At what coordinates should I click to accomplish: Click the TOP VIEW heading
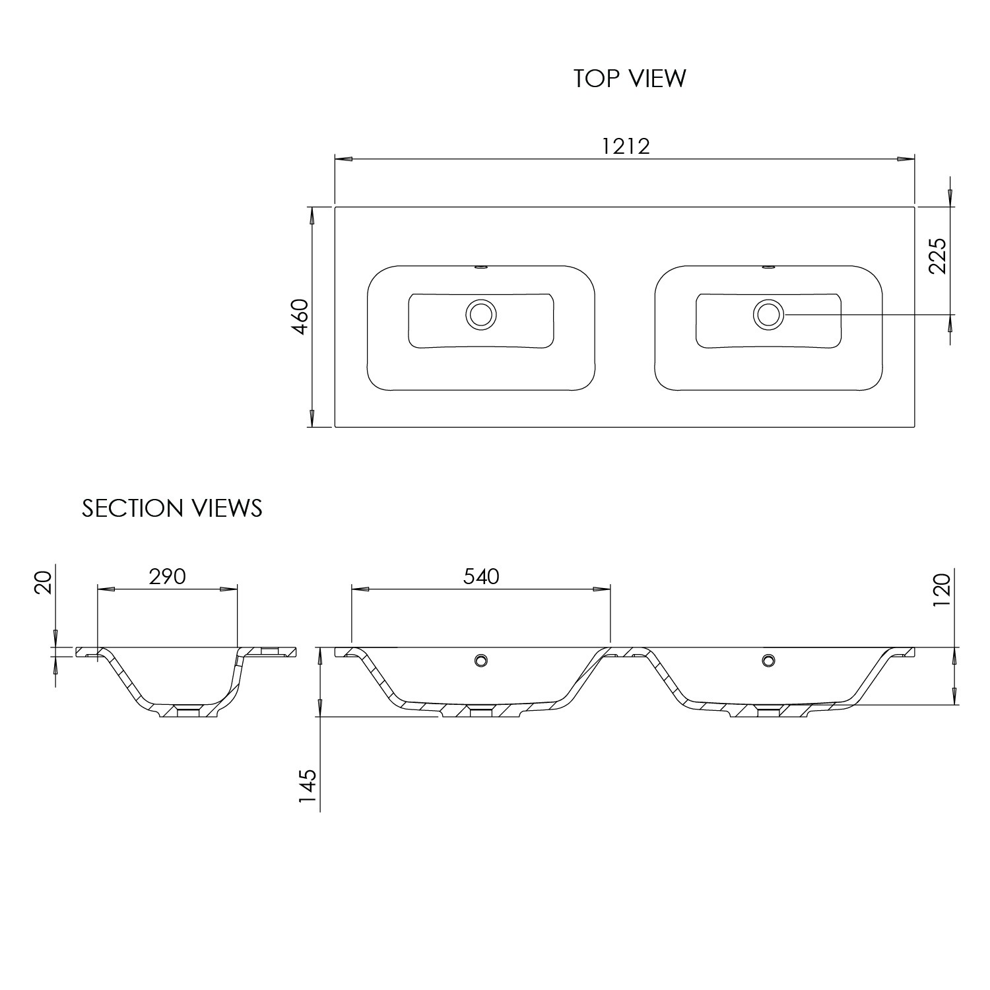coord(630,78)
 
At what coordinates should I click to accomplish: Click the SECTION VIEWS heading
coord(172,508)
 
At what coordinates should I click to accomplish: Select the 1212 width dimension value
coord(625,146)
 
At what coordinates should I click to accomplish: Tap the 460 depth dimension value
coord(300,317)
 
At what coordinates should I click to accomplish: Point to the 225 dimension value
coord(937,255)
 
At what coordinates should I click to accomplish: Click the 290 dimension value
coord(167,576)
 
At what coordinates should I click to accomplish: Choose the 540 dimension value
coord(481,576)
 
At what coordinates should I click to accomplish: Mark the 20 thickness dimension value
coord(44,583)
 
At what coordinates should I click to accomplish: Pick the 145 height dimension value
coord(308,789)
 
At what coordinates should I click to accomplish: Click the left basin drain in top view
coord(480,314)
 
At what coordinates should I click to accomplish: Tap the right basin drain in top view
coord(768,314)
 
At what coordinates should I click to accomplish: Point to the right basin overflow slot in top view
coord(768,267)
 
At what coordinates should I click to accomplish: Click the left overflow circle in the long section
coord(481,659)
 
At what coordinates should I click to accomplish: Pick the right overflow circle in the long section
coord(768,659)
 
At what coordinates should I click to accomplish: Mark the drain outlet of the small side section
coord(189,711)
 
